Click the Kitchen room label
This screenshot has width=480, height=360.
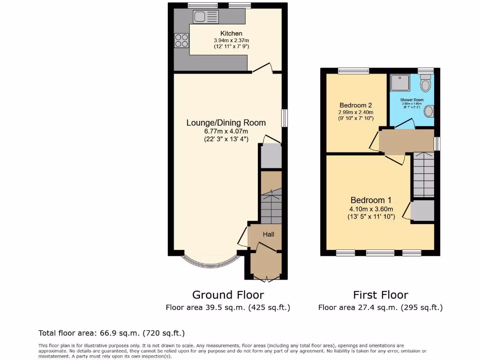coord(232,33)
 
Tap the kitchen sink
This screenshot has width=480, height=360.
coord(206,17)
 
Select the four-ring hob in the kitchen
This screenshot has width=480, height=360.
coord(181,41)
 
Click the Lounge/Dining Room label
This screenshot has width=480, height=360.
coord(226,123)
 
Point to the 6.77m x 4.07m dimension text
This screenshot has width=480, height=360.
coord(226,131)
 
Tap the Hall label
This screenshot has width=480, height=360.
coord(268,234)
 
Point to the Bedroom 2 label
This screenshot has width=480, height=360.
coord(356,105)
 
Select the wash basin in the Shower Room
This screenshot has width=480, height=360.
coord(428,112)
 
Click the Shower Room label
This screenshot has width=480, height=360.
coord(412,100)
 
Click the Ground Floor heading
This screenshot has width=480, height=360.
coord(228,295)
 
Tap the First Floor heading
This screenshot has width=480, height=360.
coord(380,295)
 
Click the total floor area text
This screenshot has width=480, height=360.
coord(112,333)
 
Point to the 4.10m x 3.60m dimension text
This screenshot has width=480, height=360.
coord(371,209)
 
